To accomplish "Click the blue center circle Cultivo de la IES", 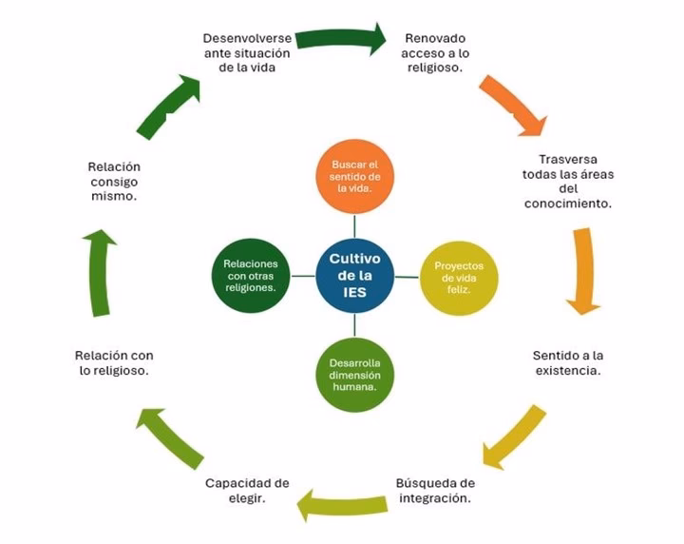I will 353,276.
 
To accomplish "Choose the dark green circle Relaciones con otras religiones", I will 251,276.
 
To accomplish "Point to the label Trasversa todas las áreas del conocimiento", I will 566,182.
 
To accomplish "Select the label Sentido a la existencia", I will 566,362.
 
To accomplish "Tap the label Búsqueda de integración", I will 435,490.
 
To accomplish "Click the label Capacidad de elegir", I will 247,490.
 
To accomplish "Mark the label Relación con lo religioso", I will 114,362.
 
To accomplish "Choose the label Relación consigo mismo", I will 114,181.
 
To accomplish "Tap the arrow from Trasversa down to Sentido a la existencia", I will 583,272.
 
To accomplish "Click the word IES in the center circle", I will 354,292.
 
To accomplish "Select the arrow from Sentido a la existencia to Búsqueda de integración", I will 513,437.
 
